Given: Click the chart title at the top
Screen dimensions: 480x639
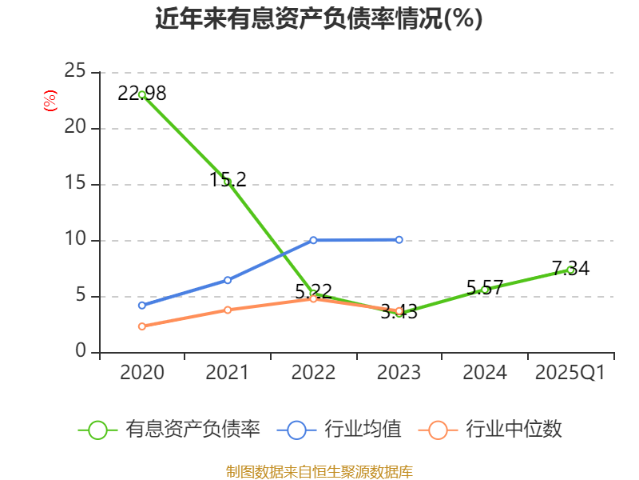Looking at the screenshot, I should tap(319, 19).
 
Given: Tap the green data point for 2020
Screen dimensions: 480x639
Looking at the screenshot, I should tap(142, 94).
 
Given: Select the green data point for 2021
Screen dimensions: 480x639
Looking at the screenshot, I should tap(227, 182).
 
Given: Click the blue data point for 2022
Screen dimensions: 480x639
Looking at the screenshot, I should tap(313, 240).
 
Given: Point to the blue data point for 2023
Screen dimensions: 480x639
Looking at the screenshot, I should tap(399, 239).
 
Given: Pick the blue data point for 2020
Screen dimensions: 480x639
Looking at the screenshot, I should tap(142, 306).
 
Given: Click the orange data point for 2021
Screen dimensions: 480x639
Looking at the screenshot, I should tap(227, 310).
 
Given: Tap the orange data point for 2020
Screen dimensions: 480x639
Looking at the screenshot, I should tap(142, 326).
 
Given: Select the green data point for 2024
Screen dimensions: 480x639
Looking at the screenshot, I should tap(485, 290).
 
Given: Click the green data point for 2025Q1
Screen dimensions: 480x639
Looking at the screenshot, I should tap(570, 270).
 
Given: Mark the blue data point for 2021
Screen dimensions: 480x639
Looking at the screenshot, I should tap(227, 280).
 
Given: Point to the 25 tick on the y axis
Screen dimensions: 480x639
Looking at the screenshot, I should tap(75, 72).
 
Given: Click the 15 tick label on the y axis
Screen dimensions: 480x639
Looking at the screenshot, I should tap(75, 184).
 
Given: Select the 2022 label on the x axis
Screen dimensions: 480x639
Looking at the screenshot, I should tap(313, 373).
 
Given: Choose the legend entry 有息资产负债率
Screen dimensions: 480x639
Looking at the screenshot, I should tap(170, 430).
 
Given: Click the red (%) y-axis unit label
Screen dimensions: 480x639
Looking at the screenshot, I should tap(50, 101).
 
